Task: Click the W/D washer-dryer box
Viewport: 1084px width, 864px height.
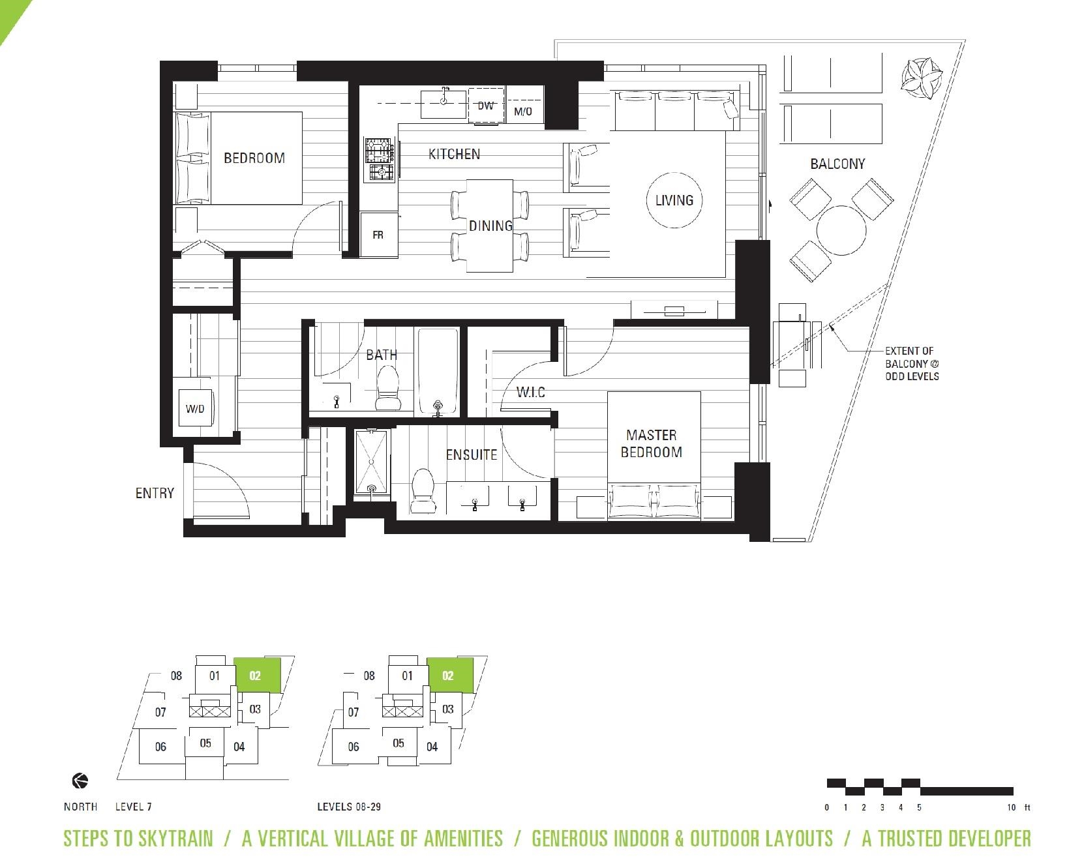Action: [195, 408]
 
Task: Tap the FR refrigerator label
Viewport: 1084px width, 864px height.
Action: [378, 235]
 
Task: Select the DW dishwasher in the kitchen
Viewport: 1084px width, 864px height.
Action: [486, 105]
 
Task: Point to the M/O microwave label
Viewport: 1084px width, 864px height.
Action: [523, 112]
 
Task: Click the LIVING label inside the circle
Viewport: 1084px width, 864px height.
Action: [674, 200]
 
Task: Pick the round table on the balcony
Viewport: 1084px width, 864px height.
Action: [841, 230]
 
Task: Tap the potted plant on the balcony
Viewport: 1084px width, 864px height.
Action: [922, 78]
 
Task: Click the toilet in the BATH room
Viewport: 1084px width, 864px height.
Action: [387, 387]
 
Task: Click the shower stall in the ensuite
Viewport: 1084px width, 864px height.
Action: [371, 462]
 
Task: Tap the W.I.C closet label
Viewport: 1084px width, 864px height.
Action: [530, 393]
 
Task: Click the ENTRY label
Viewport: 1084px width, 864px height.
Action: [155, 493]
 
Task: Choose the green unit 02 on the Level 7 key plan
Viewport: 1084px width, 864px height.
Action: [257, 675]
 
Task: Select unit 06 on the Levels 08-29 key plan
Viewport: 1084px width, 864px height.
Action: [354, 747]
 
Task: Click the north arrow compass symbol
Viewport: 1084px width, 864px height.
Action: [80, 781]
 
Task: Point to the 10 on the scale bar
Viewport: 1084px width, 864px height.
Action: [1011, 807]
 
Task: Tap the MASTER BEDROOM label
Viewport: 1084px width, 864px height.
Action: [651, 443]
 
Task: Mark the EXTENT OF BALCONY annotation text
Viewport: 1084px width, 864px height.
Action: [912, 363]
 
